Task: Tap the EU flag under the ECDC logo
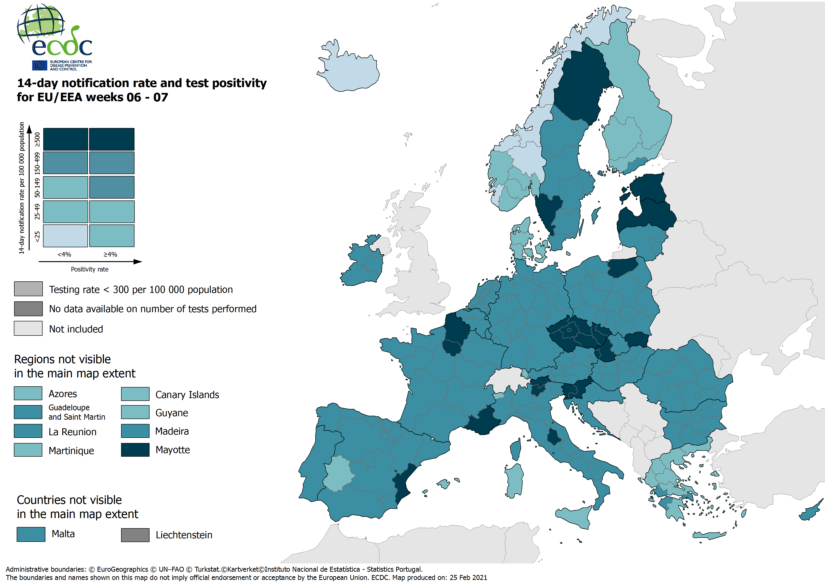(x=39, y=65)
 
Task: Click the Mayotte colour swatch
(x=135, y=450)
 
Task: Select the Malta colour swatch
(x=31, y=534)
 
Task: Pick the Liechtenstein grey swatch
(x=135, y=535)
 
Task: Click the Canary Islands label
(x=187, y=395)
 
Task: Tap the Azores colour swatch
(x=28, y=393)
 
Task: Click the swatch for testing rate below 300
(x=28, y=289)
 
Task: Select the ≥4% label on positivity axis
(x=110, y=254)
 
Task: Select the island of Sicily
(x=575, y=516)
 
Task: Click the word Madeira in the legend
(x=172, y=431)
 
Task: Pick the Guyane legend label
(x=171, y=413)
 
